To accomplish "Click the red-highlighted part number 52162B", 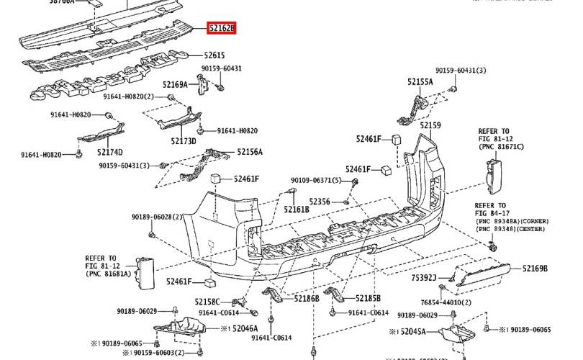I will (x=221, y=30).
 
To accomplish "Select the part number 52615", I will (x=214, y=55).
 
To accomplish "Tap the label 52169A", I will (x=175, y=84).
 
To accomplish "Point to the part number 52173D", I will (x=184, y=142).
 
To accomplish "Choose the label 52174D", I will (x=109, y=152).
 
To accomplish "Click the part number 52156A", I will (x=250, y=152).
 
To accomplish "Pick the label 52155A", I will (x=420, y=82).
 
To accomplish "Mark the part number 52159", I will (x=430, y=125).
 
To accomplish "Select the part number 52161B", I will (x=296, y=210).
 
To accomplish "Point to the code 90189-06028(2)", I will (x=157, y=217).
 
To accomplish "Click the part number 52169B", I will (x=535, y=269).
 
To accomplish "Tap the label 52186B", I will (x=306, y=297).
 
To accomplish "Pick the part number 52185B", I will (x=367, y=297).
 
